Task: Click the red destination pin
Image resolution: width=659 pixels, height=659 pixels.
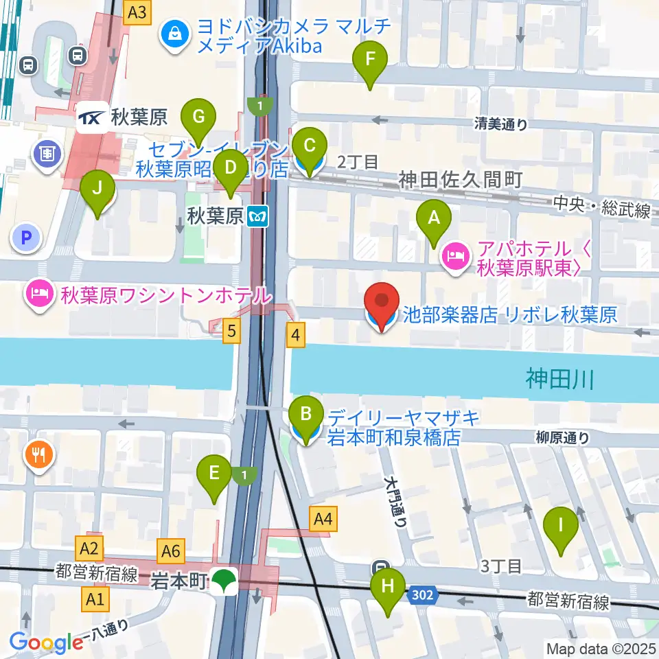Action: coord(382,305)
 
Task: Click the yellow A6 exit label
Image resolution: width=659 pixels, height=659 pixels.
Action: coord(172,549)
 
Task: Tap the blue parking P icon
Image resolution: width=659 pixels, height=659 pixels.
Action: coord(26,238)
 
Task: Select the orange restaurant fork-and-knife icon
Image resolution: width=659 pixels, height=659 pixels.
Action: coord(40,454)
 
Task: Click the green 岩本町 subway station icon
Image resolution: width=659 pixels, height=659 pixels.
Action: coord(224,581)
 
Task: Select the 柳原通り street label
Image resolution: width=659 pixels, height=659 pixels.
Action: coord(563,436)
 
